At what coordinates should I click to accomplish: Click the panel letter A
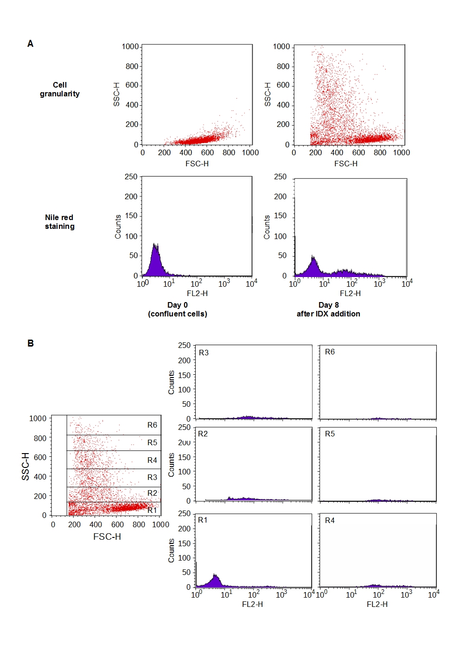(x=30, y=44)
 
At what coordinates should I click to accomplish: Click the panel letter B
(x=31, y=343)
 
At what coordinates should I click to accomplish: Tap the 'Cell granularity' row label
(x=59, y=89)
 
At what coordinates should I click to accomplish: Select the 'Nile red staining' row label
(x=59, y=222)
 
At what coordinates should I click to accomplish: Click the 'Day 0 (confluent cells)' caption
(x=178, y=309)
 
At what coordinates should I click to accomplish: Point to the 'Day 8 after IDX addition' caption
(x=328, y=309)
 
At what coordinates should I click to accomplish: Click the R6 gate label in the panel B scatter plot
(x=152, y=425)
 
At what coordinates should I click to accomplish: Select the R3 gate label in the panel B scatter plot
(x=152, y=477)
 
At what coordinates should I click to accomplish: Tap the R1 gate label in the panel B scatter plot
(x=152, y=510)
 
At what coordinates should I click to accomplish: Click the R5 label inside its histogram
(x=330, y=434)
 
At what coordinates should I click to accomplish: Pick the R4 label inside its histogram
(x=330, y=521)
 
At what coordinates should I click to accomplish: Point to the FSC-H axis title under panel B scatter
(x=107, y=536)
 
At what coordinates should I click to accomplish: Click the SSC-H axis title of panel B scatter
(x=26, y=466)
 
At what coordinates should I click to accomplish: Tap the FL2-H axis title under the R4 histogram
(x=377, y=604)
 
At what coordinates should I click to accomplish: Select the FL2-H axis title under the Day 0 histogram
(x=197, y=293)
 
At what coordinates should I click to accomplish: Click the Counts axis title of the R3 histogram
(x=172, y=382)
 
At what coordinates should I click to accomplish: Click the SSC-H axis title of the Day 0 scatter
(x=116, y=95)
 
